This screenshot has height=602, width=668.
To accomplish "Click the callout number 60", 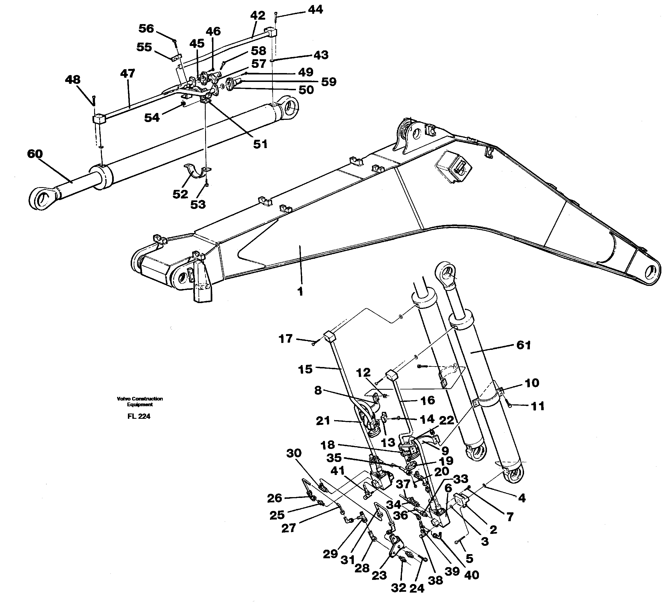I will pos(35,154).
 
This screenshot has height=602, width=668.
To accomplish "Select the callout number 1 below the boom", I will pos(300,292).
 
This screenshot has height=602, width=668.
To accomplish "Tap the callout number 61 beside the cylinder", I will pos(523,345).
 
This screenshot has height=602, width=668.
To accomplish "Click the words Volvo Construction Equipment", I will pos(140,402).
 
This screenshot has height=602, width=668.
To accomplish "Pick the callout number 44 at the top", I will pos(315,10).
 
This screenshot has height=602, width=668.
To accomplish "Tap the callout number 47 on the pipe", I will pos(127,73).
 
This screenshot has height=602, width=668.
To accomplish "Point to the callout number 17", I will pos(285,339).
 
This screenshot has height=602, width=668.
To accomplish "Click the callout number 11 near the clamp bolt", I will pos(537,406).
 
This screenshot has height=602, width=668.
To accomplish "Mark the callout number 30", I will pos(293,453).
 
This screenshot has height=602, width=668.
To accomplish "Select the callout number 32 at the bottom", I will pos(398,587).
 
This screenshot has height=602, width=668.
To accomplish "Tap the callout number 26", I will pos(274,498).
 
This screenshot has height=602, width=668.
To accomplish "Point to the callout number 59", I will pos(329,82).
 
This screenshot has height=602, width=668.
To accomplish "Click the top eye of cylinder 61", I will pos(446,273).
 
